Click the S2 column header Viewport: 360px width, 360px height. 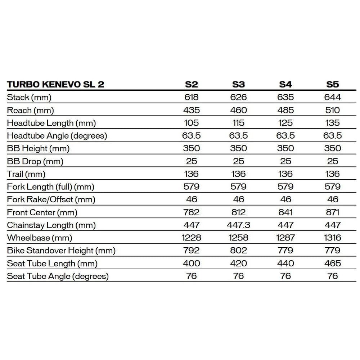192,85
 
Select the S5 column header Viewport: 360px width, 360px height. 333,85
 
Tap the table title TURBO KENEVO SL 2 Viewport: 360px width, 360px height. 56,85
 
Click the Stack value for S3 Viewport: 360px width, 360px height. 238,97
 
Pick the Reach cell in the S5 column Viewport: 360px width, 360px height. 333,110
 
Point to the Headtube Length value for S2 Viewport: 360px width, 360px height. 192,123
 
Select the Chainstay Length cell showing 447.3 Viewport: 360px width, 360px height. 238,225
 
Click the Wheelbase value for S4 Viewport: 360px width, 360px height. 285,238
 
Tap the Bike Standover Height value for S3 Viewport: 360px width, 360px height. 238,250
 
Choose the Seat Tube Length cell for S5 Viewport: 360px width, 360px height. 333,263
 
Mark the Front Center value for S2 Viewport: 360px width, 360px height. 192,212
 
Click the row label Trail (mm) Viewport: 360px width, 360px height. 26,174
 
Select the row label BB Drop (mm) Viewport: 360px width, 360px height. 35,161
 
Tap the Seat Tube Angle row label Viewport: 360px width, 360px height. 58,276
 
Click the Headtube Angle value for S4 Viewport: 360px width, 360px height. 285,136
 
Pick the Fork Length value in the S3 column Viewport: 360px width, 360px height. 238,187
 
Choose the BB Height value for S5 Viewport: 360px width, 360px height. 333,148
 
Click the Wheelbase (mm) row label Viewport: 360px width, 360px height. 40,238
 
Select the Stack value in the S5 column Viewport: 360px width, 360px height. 333,97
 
